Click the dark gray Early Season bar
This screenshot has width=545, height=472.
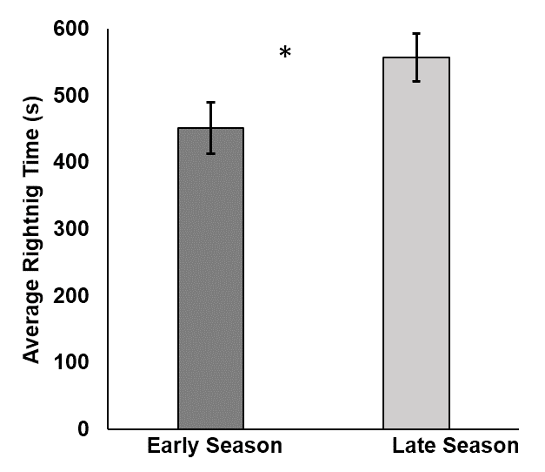click(211, 279)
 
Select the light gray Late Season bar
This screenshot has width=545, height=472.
click(416, 244)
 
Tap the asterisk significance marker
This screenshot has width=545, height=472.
click(285, 54)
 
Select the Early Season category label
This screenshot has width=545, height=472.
click(214, 447)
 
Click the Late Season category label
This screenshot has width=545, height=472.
click(455, 447)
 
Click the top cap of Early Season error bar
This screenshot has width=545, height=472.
click(211, 102)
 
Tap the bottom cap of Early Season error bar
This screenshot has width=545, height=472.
click(211, 154)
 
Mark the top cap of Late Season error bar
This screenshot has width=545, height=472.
click(416, 33)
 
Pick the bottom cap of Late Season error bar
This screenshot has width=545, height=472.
click(416, 81)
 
